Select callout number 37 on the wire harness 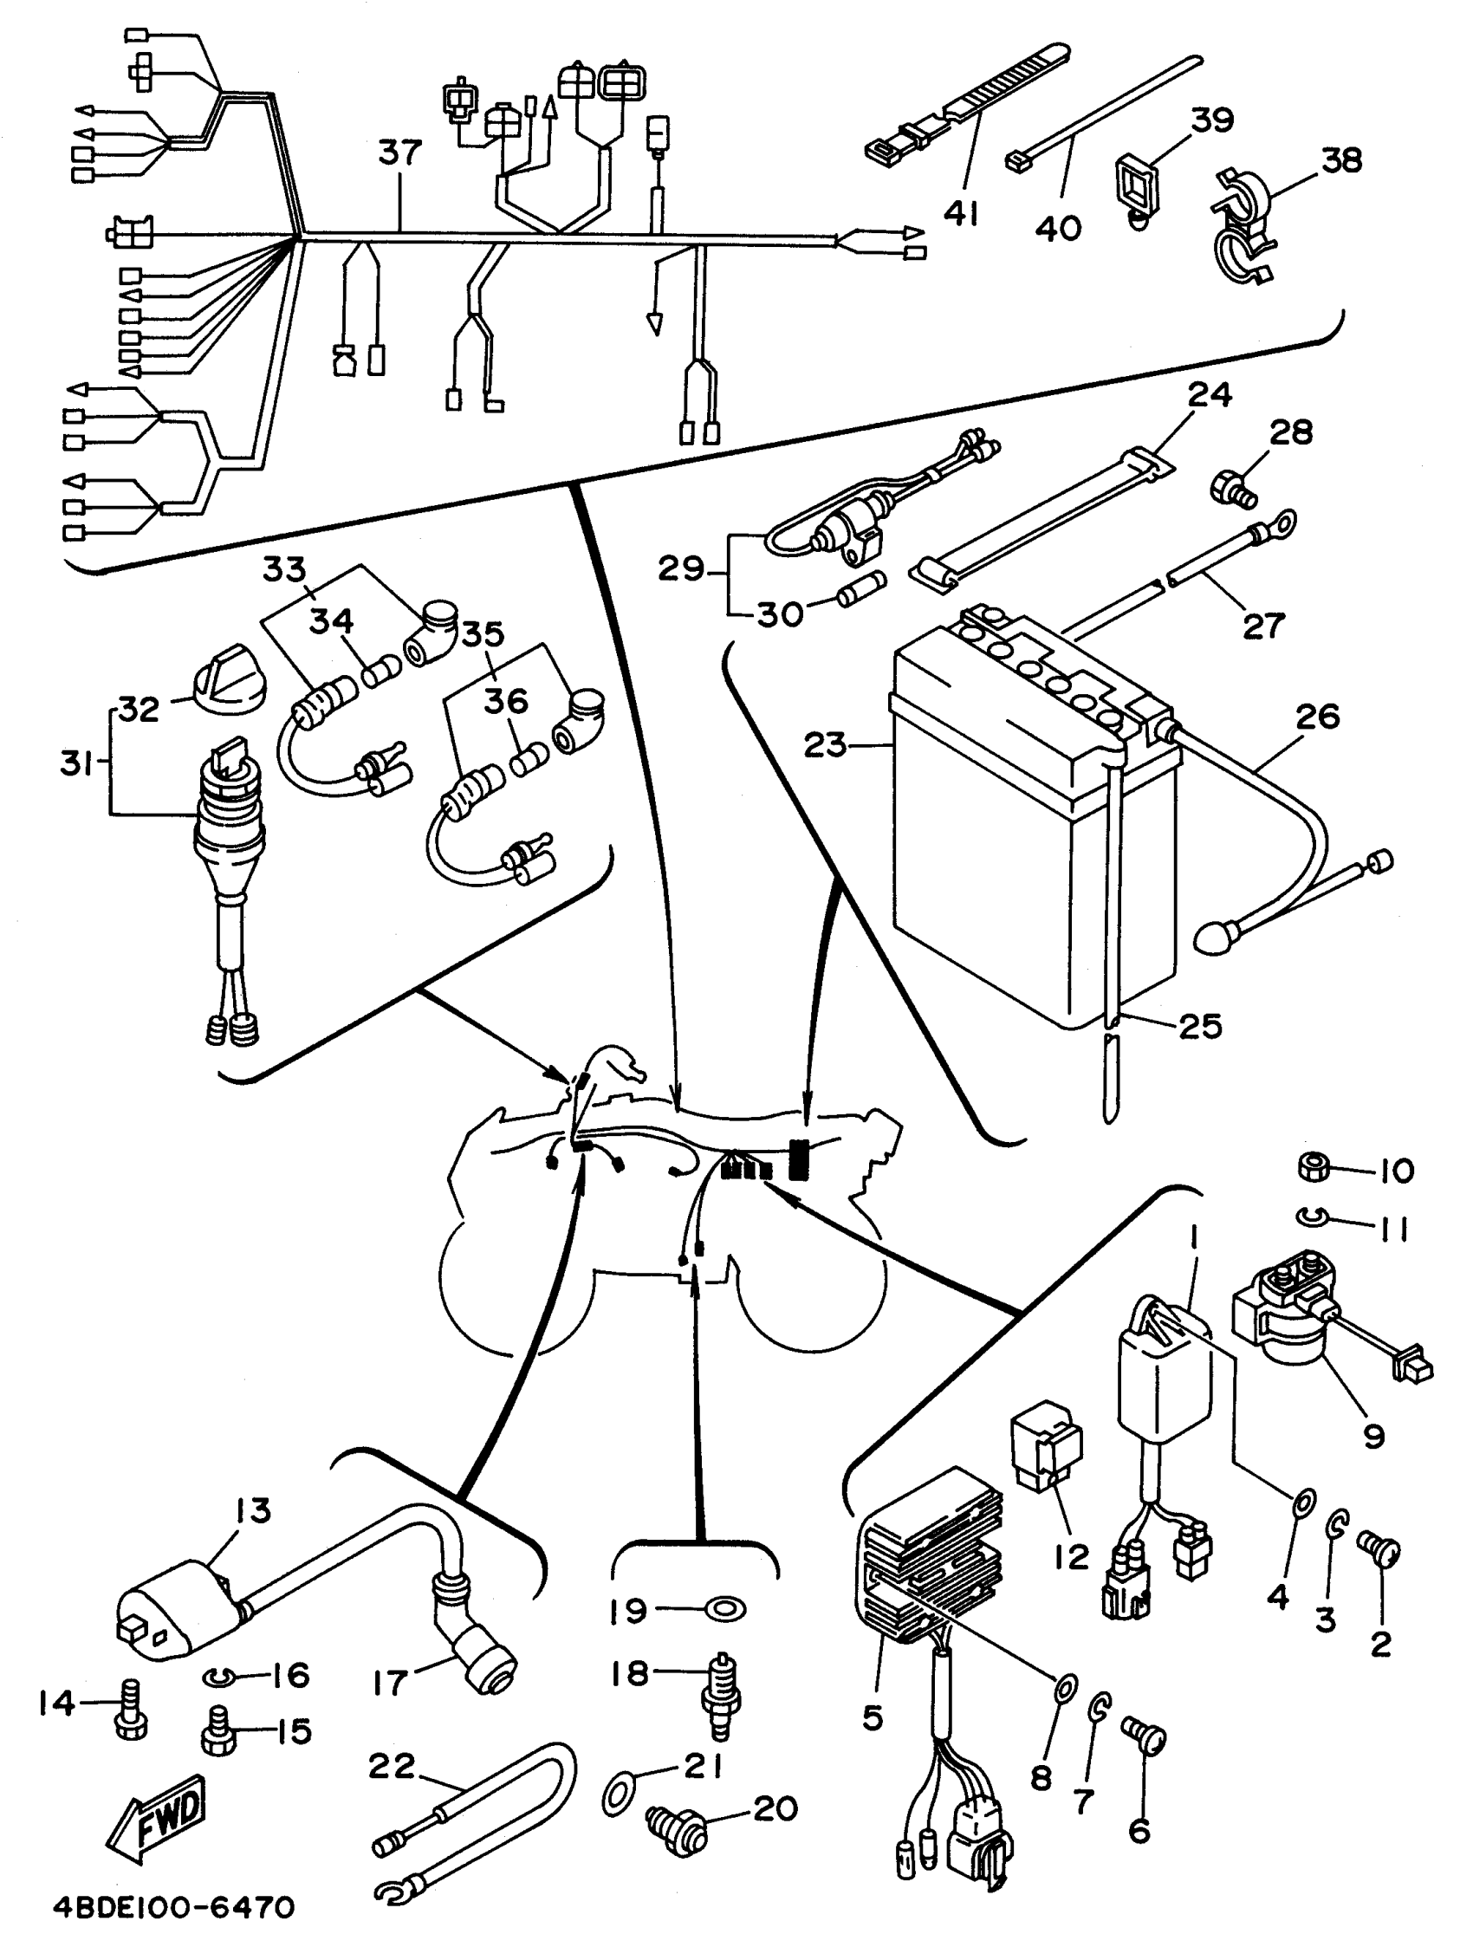click(x=399, y=153)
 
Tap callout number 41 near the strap click(x=962, y=212)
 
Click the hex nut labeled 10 click(x=1314, y=1168)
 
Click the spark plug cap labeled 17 click(x=472, y=1639)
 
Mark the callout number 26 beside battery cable click(x=1317, y=716)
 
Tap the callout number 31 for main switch click(x=76, y=763)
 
